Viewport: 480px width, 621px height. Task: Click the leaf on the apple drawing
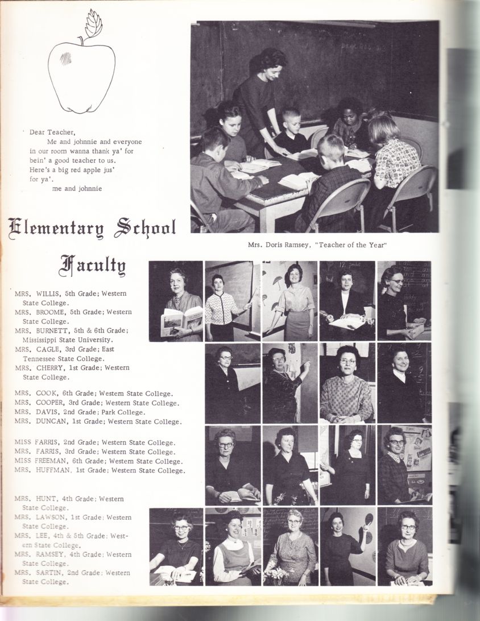click(x=93, y=24)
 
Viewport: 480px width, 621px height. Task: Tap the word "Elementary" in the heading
click(x=58, y=229)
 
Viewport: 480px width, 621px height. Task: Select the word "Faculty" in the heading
click(x=93, y=265)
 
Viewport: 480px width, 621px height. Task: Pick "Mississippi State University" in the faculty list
click(x=68, y=340)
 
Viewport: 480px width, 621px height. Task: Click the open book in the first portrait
click(x=181, y=320)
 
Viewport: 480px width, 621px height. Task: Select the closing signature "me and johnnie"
click(x=77, y=188)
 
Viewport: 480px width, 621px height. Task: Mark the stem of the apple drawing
click(x=81, y=40)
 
